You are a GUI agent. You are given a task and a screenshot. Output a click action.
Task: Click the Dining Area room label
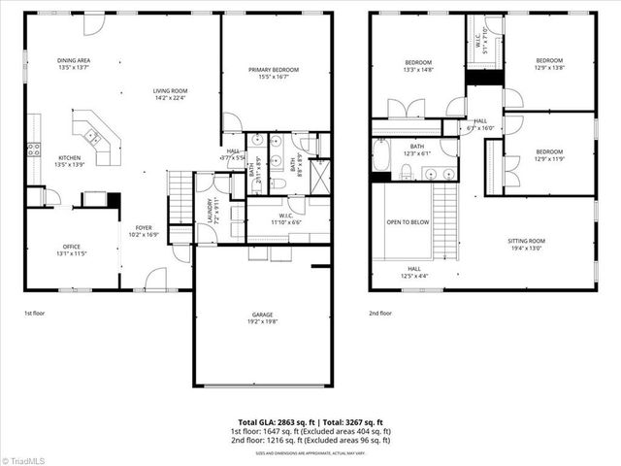[75, 64]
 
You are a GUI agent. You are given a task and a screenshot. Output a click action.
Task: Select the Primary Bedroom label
[273, 73]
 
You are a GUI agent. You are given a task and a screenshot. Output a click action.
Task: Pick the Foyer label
[144, 231]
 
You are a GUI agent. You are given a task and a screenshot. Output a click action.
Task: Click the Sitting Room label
[533, 244]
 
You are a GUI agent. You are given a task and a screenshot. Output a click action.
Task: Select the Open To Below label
[408, 221]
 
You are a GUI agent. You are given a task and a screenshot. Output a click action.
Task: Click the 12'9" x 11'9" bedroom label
[549, 154]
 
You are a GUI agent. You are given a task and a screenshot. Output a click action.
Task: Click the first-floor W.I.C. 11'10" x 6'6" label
[285, 217]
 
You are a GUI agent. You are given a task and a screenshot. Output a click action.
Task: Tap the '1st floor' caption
[35, 314]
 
